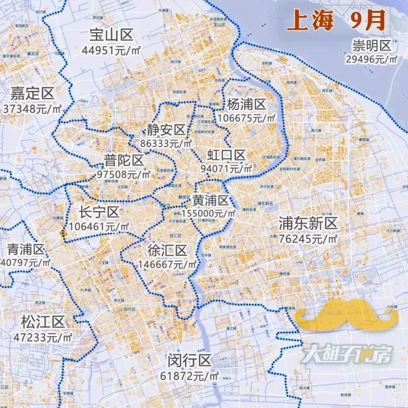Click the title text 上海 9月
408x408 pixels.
point(336,20)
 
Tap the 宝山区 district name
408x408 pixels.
point(111,36)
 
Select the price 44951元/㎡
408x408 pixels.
point(111,50)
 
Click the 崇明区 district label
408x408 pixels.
point(372,46)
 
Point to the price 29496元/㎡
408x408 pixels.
point(372,59)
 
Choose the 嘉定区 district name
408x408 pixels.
point(32,94)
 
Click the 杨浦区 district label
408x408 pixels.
point(246,104)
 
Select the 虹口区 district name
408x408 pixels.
point(226,155)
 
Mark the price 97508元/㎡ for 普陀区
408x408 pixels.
point(124,175)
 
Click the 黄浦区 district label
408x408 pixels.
point(211,200)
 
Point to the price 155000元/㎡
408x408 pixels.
point(209,213)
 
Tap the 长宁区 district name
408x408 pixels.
point(99,213)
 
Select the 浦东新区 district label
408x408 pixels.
point(308,224)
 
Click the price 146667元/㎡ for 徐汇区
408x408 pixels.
point(168,264)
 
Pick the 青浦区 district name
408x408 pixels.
point(26,249)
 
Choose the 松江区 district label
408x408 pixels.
point(43,323)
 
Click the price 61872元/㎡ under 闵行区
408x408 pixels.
point(190,376)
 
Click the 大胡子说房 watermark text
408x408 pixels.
point(347,354)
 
